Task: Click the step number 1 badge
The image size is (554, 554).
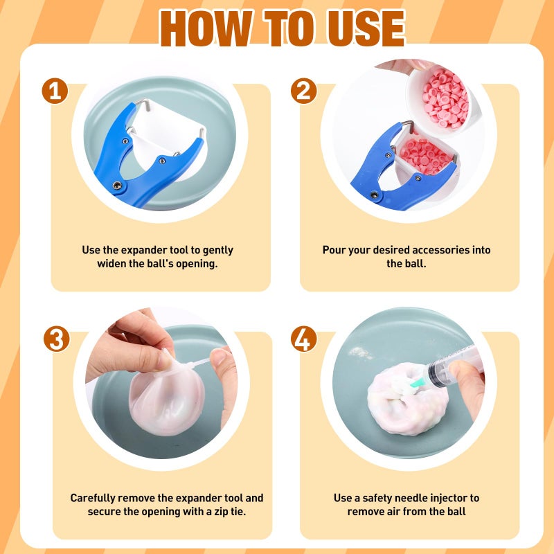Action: click(55, 91)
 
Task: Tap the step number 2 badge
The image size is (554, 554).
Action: click(303, 91)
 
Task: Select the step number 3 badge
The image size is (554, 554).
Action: click(56, 339)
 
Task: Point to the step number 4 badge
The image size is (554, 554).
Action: click(303, 339)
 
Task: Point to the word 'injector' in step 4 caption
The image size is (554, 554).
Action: click(456, 498)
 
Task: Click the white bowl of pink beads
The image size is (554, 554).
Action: click(441, 99)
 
